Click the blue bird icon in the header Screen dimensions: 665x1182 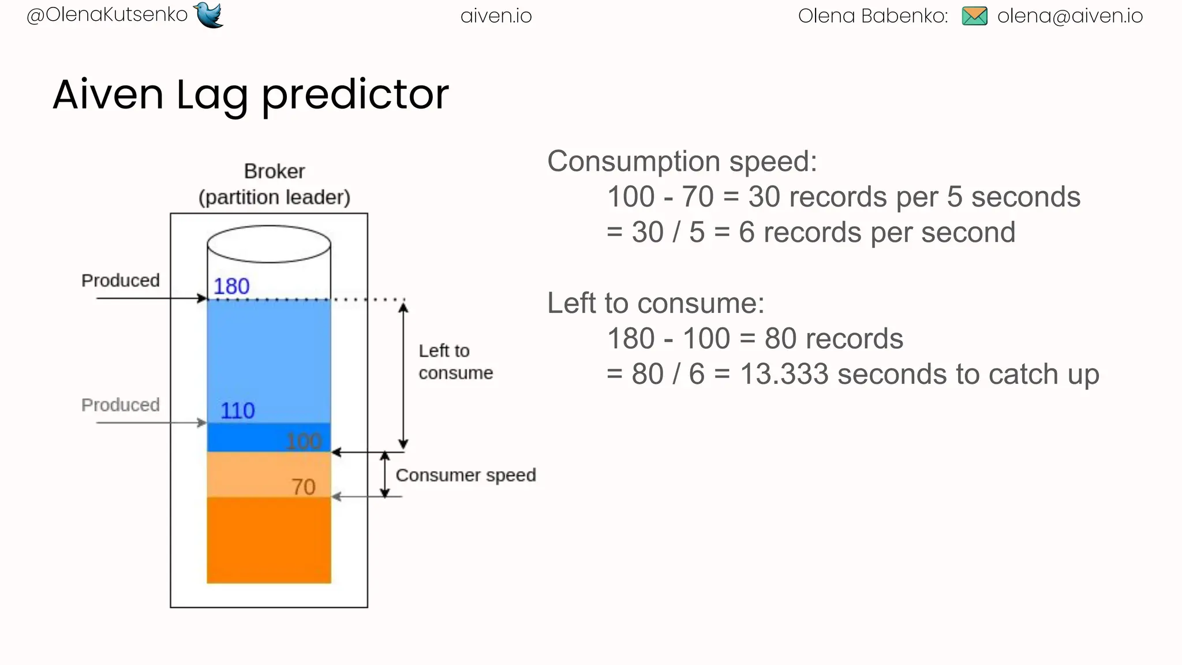click(209, 14)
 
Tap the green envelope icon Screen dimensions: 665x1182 click(974, 16)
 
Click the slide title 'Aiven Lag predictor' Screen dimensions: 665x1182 click(250, 94)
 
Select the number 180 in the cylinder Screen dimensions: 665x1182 click(231, 286)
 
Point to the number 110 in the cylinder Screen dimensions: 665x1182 click(237, 410)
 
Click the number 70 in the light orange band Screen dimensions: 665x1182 click(303, 487)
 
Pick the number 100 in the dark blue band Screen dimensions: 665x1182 click(304, 442)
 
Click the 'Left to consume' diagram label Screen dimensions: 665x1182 click(455, 362)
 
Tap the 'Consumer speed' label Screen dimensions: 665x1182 click(465, 475)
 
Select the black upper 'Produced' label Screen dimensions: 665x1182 click(121, 281)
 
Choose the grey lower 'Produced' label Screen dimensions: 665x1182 click(121, 405)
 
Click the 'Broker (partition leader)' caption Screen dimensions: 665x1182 click(274, 184)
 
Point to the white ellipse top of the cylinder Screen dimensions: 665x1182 click(269, 244)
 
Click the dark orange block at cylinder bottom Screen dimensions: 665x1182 click(269, 540)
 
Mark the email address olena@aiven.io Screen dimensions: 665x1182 click(1069, 16)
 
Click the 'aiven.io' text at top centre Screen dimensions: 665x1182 click(496, 16)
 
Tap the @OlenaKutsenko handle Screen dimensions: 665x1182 click(107, 14)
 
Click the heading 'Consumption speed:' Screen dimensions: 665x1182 click(682, 161)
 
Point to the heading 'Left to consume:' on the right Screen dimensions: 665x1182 click(656, 303)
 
